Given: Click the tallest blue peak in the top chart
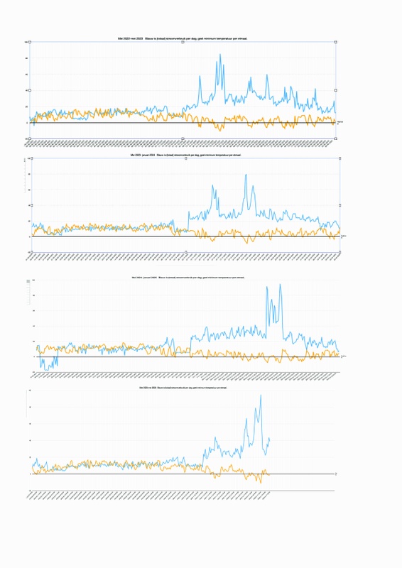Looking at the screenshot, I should pos(219,55).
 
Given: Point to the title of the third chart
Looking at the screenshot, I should pos(183,277).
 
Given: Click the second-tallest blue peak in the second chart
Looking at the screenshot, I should pos(213,186).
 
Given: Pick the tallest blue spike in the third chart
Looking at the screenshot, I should pos(281,285).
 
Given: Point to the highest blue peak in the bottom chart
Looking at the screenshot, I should pos(261,395).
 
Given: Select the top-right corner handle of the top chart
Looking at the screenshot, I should pos(335,42).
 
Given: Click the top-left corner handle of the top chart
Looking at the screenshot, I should pos(29,42).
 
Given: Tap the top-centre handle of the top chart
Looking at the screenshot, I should pos(183,42).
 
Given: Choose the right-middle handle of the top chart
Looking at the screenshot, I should pos(335,90).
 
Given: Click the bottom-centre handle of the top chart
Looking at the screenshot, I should pos(183,138).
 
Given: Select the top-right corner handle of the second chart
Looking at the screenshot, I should pos(340,159).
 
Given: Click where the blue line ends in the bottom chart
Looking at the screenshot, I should pos(270,439).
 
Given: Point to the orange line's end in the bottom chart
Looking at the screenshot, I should pos(270,474).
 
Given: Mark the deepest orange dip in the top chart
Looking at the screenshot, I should pos(220,131).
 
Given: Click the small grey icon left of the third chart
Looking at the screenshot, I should pos(29,282).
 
